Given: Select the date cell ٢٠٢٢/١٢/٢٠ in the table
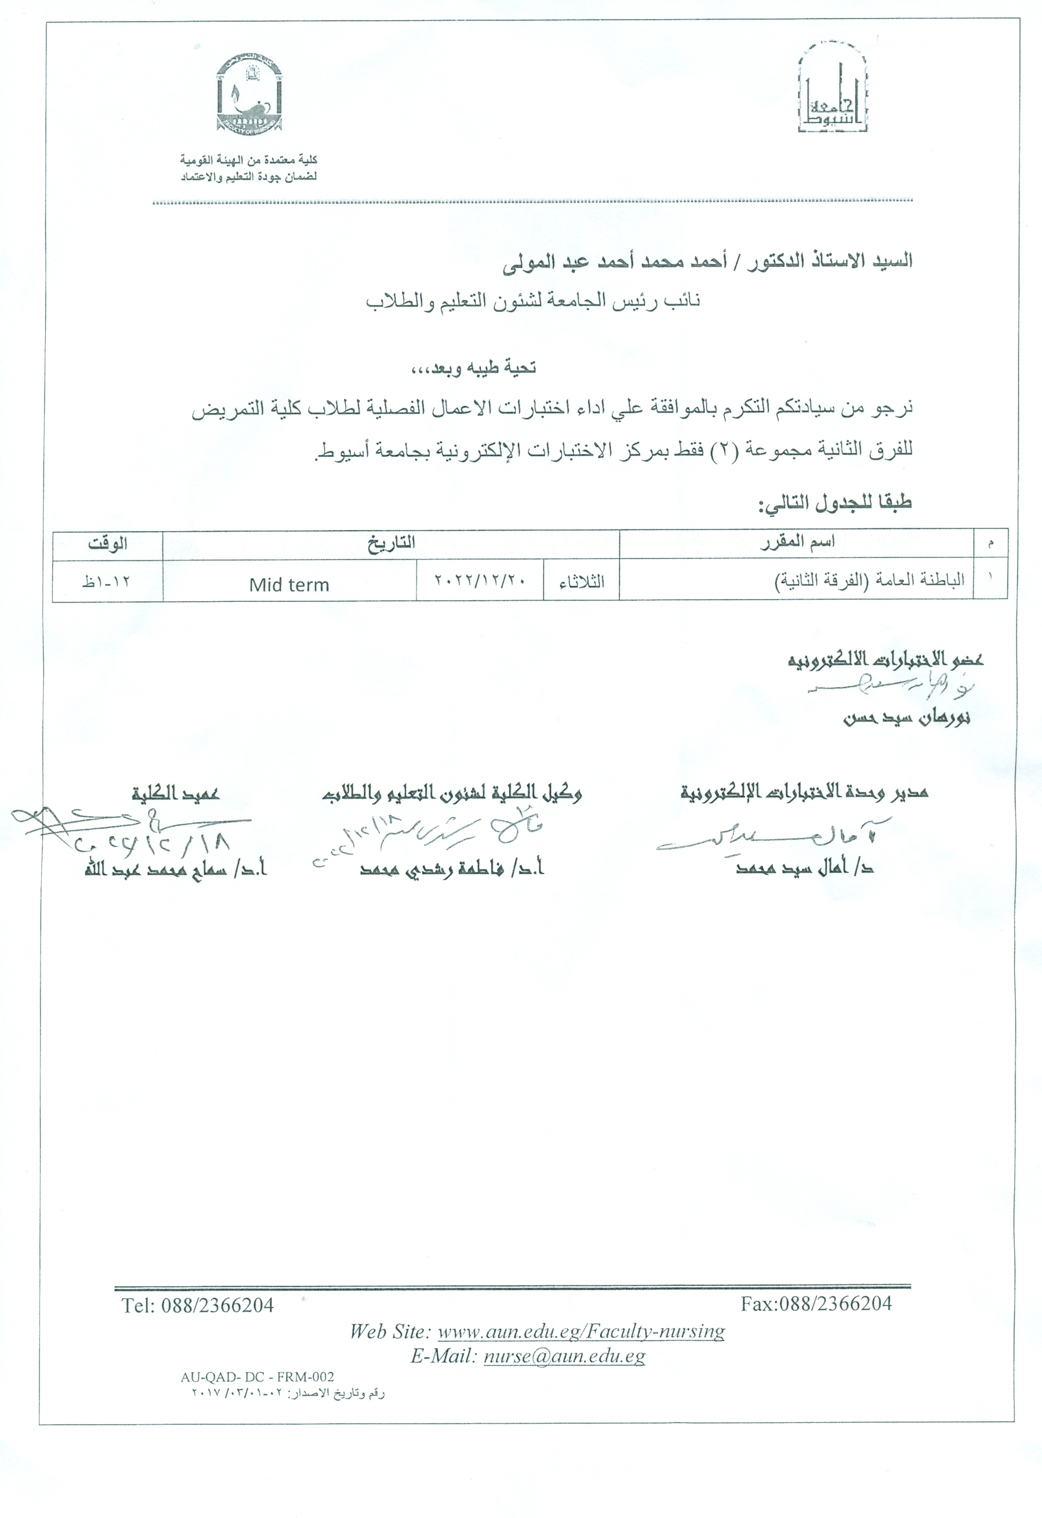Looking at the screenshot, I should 480,580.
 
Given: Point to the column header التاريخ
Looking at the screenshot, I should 391,543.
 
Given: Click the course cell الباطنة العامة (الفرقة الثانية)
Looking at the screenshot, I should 869,580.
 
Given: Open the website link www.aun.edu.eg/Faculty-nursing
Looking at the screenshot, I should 581,1330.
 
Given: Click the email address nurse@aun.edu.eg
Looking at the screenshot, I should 564,1356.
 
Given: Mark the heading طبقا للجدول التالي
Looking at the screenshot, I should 834,503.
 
